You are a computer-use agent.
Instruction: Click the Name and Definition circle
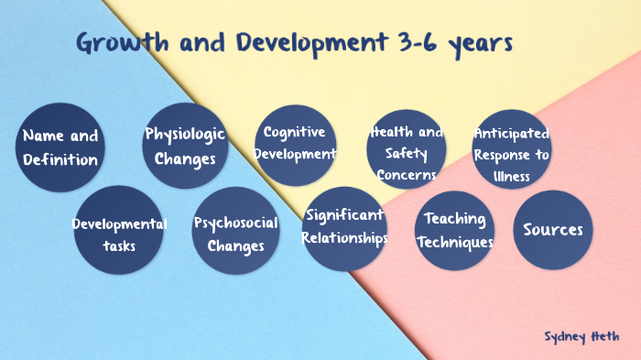coord(60,147)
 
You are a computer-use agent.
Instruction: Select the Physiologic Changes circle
coord(185,147)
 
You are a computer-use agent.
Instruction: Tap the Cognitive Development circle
coord(295,145)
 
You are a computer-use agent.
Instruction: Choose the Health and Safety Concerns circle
coord(406,148)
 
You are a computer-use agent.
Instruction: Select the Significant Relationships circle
coord(344,228)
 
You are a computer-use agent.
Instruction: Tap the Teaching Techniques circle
coord(455,230)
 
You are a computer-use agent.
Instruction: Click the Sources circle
coord(552,229)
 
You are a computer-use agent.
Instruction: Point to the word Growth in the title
coord(122,42)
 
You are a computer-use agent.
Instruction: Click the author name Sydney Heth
coord(580,336)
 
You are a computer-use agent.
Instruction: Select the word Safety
coord(406,153)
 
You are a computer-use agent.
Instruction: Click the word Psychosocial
coord(236,223)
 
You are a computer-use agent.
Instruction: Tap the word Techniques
coord(455,243)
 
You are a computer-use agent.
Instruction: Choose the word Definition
coord(60,160)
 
